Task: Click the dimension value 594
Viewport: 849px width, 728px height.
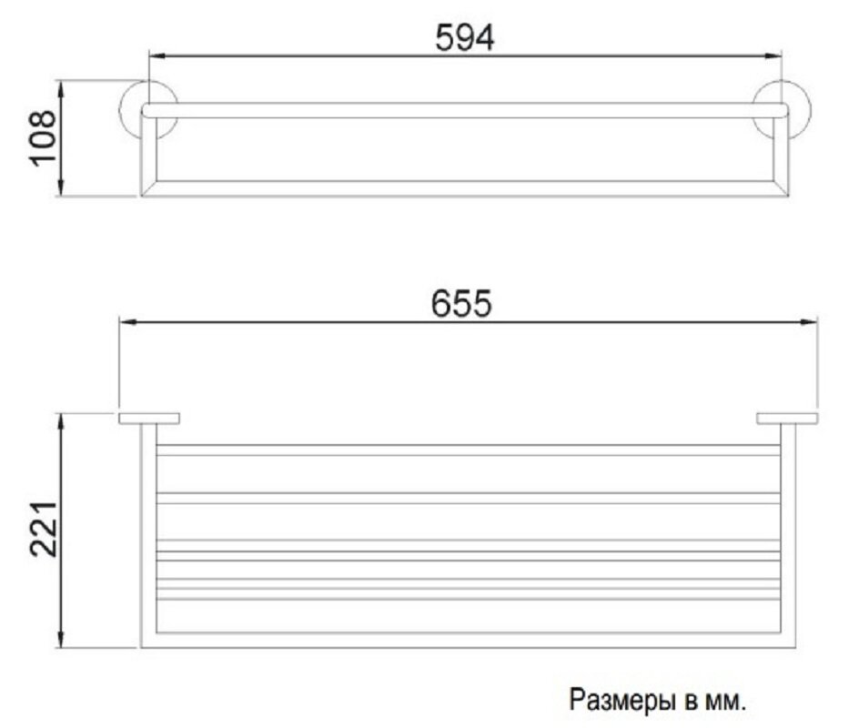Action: point(464,37)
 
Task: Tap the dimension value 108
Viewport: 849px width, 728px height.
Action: point(43,138)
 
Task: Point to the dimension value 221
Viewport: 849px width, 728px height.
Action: point(43,529)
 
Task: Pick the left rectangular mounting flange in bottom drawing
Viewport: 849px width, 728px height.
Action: point(149,419)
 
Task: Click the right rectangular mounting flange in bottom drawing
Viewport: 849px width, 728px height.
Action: point(787,419)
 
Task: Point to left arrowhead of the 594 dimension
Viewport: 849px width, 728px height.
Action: point(155,57)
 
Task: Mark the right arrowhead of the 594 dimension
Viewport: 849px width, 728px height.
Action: point(776,57)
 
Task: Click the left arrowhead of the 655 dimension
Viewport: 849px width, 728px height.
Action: point(126,321)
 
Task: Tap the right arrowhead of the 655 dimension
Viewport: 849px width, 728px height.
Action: point(811,321)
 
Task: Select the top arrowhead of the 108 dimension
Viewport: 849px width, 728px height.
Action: point(62,87)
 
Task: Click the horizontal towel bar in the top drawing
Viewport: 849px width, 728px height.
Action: point(464,110)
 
